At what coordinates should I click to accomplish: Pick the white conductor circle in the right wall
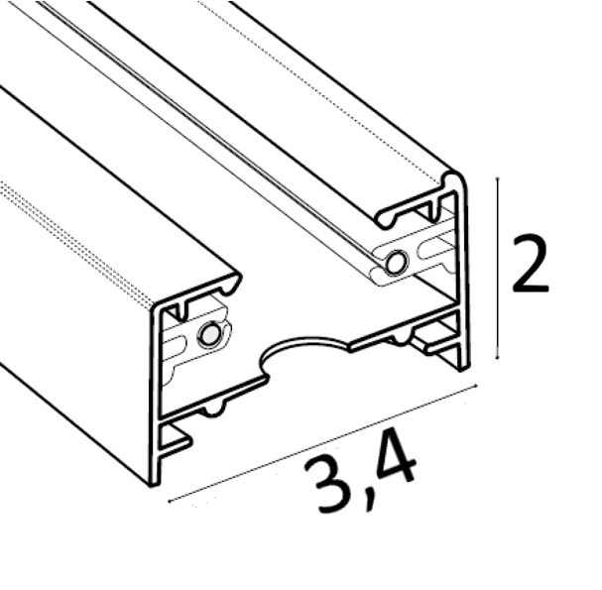coord(396,263)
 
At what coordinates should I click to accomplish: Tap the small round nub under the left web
coord(213,410)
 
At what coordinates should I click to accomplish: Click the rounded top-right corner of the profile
coord(457,177)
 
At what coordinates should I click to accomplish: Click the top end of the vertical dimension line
coord(498,178)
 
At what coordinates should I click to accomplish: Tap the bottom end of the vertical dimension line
coord(498,359)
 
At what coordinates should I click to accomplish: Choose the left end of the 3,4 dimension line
coord(170,501)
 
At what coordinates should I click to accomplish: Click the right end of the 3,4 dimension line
coord(476,385)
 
